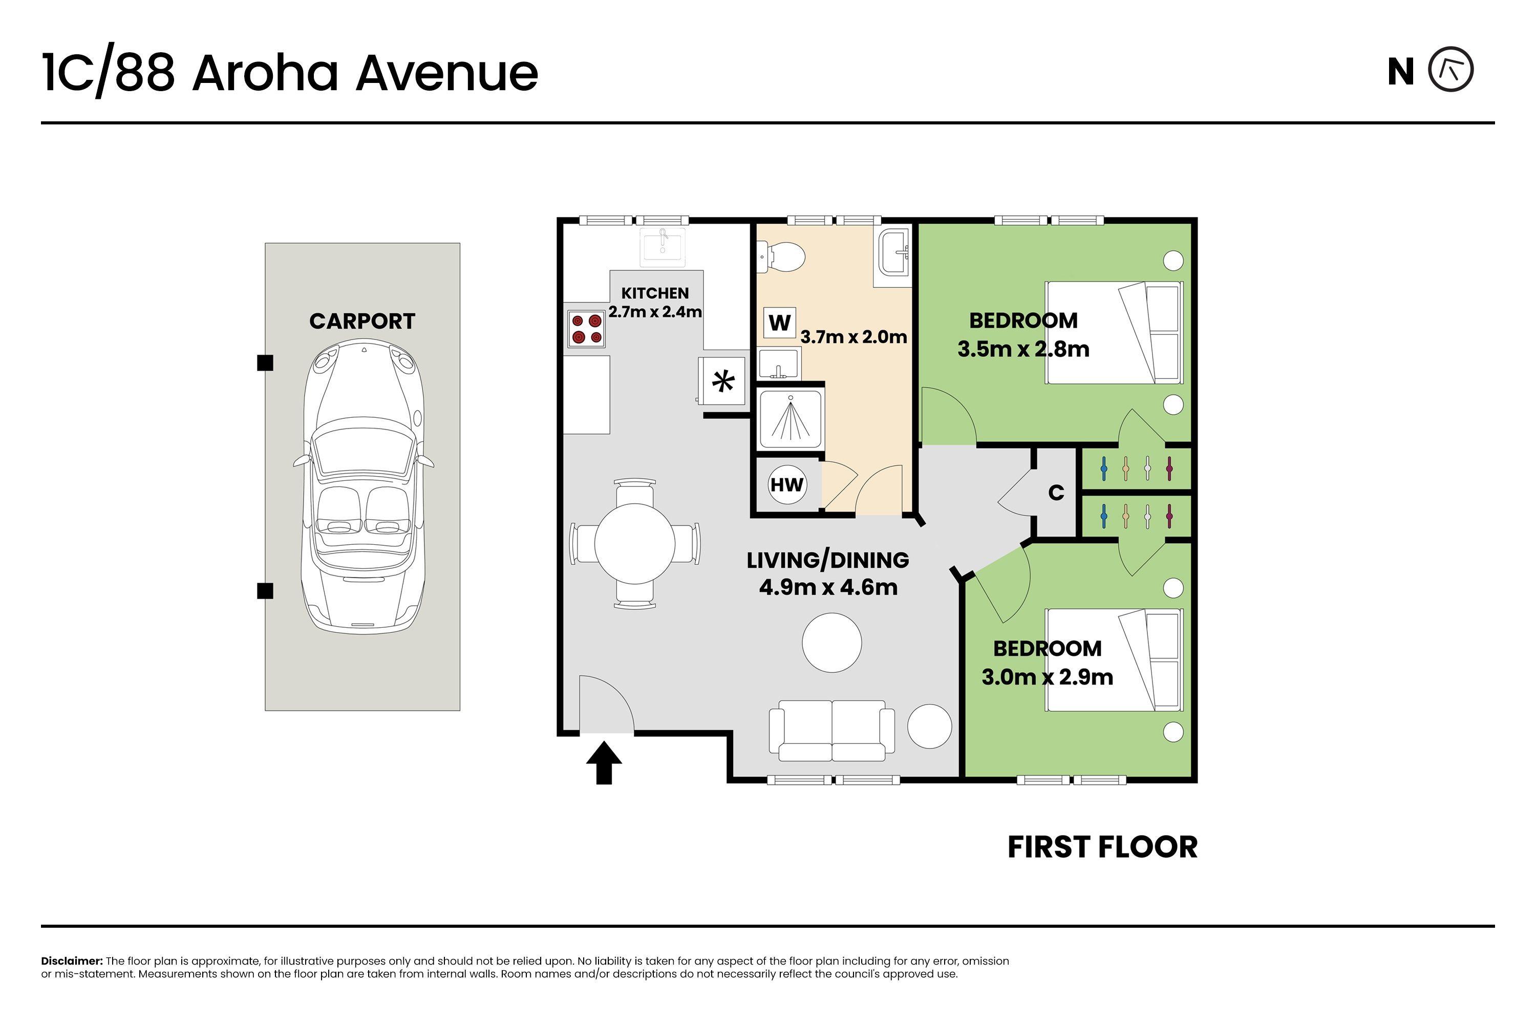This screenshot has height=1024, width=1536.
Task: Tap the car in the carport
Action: [x=363, y=486]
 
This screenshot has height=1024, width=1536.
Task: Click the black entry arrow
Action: [x=604, y=762]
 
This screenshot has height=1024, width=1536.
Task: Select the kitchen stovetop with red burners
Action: [x=586, y=329]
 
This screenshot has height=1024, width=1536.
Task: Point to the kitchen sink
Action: [x=663, y=247]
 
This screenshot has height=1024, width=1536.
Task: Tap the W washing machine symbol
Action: [x=779, y=323]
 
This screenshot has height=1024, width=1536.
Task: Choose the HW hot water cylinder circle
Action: [x=787, y=484]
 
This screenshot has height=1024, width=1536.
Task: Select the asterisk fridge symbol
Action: [x=722, y=381]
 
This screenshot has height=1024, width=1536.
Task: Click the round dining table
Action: [x=634, y=543]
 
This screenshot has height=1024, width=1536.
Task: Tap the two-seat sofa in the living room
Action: [x=831, y=731]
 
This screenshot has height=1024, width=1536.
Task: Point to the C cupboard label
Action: [x=1056, y=493]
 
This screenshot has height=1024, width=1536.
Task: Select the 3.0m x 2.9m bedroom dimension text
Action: [x=1047, y=677]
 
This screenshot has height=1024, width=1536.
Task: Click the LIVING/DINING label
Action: [x=827, y=560]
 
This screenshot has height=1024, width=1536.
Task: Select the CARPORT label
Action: [x=362, y=322]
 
